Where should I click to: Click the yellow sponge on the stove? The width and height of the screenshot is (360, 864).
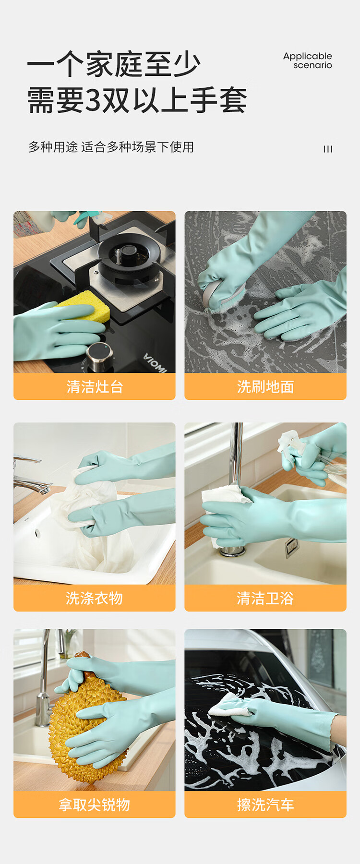tap(84, 305)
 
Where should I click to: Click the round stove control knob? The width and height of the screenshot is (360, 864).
tap(100, 357)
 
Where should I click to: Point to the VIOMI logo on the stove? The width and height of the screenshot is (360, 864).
tap(155, 363)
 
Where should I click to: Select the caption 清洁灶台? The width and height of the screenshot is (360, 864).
tap(95, 387)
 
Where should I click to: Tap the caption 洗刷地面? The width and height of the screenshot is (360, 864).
tap(265, 387)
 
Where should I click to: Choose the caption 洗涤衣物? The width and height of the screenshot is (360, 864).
tap(95, 598)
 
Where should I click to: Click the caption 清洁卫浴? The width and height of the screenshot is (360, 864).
tap(265, 598)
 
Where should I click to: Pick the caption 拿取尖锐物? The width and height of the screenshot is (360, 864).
tap(95, 805)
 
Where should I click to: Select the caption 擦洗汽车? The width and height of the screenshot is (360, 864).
tap(265, 805)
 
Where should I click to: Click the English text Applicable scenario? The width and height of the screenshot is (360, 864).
tap(308, 60)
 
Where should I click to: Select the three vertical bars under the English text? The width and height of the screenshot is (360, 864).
tap(328, 149)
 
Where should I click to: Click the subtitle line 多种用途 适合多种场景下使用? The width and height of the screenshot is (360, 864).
tap(111, 147)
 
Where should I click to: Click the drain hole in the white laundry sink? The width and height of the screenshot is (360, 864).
tap(37, 533)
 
